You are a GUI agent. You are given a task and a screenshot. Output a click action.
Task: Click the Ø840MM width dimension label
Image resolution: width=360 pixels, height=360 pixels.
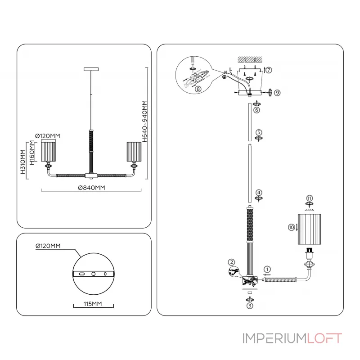[x=91, y=188]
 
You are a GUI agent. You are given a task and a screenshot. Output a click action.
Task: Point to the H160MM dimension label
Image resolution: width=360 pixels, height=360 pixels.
[x=32, y=153]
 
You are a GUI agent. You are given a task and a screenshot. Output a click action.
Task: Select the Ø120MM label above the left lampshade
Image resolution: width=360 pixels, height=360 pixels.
[x=48, y=135]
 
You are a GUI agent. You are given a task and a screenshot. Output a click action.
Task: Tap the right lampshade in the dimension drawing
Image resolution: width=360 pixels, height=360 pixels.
[x=134, y=151]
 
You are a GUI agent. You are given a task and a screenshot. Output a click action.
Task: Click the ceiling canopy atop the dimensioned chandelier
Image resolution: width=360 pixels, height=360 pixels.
[x=91, y=69]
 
